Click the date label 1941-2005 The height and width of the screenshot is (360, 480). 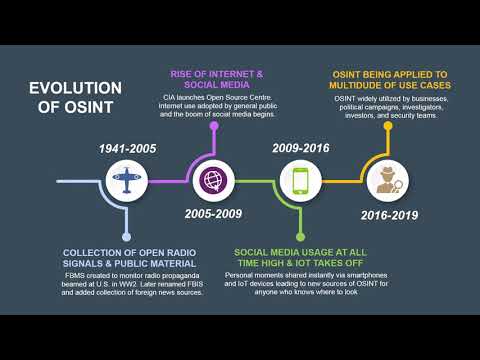(x=126, y=148)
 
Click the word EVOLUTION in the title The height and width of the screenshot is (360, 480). (x=75, y=87)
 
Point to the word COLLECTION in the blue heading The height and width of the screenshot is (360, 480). (x=99, y=252)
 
